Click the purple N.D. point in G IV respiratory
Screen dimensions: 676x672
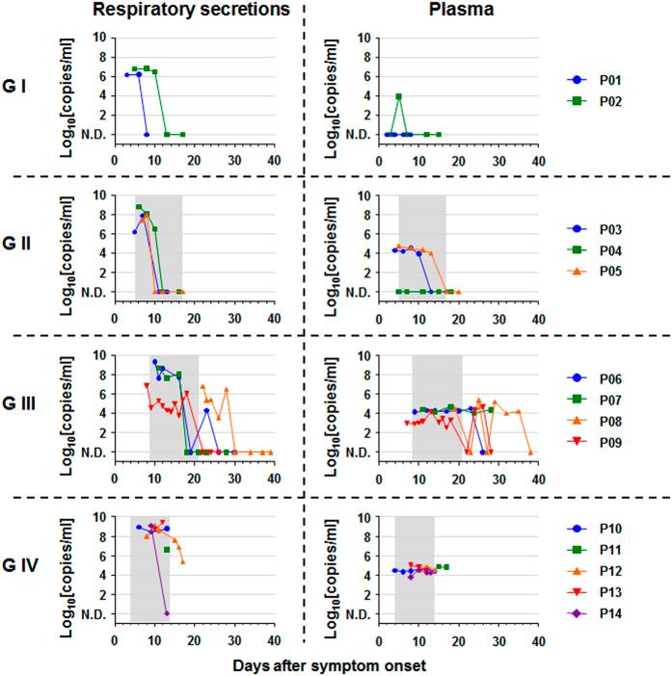click(x=167, y=613)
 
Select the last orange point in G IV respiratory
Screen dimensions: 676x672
click(x=183, y=561)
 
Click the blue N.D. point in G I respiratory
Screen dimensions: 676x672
click(x=147, y=135)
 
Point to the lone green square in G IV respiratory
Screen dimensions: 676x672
click(x=167, y=549)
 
